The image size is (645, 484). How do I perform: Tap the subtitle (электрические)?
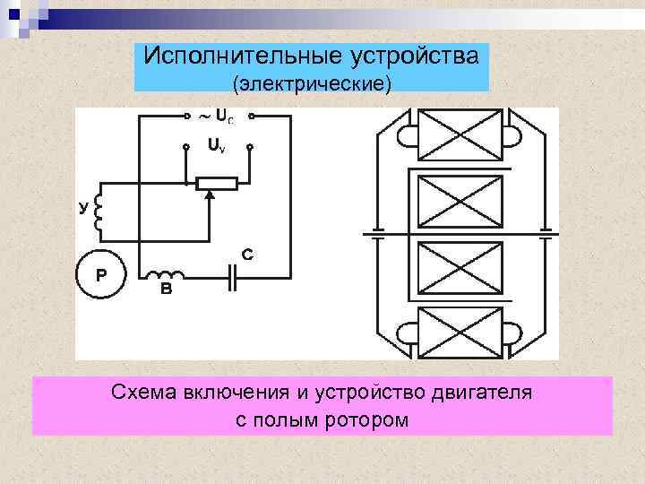pos(313,84)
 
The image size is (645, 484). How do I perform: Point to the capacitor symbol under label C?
pos(231,279)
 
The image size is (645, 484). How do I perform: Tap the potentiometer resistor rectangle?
pos(216,184)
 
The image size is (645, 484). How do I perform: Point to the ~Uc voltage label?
pos(219,117)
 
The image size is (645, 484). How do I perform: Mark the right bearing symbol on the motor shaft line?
pos(546,235)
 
